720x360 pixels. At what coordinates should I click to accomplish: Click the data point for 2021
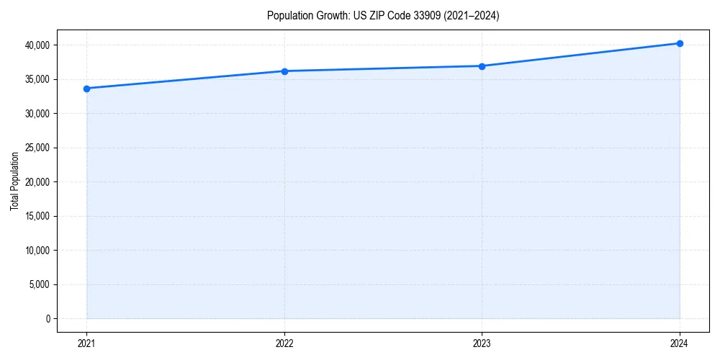pos(86,89)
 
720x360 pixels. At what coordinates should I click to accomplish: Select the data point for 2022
pos(284,71)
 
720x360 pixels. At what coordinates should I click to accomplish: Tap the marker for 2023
pos(482,66)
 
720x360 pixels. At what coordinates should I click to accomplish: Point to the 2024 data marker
pos(680,43)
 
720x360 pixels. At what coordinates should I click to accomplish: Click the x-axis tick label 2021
pos(86,343)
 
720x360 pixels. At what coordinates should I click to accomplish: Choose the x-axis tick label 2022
pos(284,343)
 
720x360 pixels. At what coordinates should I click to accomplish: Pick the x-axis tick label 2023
pos(482,343)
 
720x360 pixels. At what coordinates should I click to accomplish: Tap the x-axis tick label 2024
pos(680,343)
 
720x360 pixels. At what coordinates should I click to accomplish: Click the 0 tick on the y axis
pos(48,319)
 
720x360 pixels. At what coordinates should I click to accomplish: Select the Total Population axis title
pos(14,181)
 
